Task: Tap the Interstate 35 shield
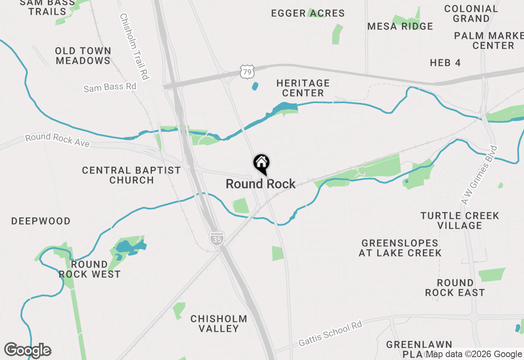(216, 238)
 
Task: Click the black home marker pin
(261, 164)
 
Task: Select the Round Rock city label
(260, 184)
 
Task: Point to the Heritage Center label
(303, 88)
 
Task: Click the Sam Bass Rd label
(110, 87)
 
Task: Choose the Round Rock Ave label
(57, 140)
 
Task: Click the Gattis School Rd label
(330, 334)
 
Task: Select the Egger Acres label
(308, 13)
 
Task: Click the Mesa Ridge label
(400, 27)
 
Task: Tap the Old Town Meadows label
(84, 56)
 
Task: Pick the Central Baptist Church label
(131, 175)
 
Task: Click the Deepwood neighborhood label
(41, 221)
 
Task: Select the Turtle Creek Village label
(460, 220)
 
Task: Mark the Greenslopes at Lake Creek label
(400, 248)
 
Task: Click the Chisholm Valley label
(219, 323)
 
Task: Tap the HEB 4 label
(445, 63)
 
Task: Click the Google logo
(27, 350)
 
